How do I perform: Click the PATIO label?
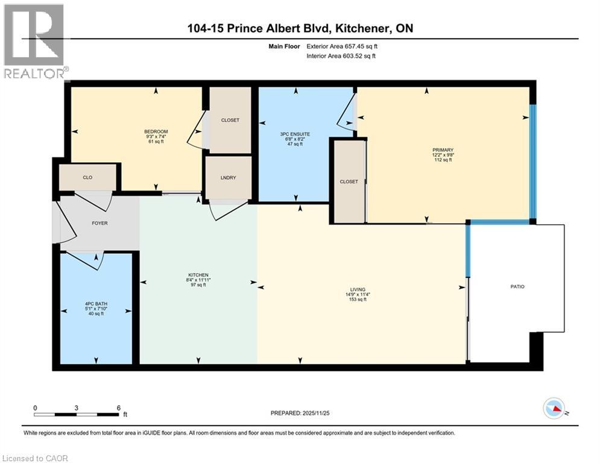(517, 286)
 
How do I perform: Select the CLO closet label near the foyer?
(87, 178)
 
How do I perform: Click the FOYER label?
(99, 222)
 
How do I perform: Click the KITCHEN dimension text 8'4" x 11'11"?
(198, 280)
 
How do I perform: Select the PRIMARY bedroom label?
(446, 150)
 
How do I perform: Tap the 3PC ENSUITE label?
(295, 133)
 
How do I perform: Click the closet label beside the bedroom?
(230, 120)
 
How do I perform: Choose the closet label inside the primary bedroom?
(349, 181)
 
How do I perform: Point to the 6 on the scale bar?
(118, 408)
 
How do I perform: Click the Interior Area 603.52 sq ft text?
(342, 56)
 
